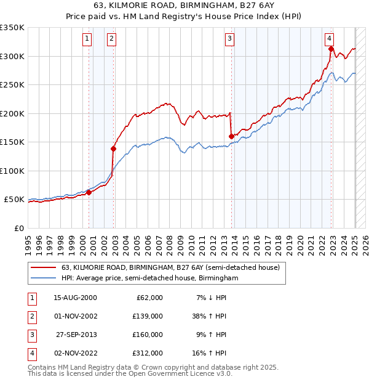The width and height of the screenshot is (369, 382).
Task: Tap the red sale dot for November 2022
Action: [x=331, y=49]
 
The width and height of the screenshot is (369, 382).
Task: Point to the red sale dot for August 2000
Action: [x=89, y=192]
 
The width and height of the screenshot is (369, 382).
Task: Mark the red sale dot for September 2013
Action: [x=231, y=136]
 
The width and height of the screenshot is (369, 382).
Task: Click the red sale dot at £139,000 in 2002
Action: [x=113, y=148]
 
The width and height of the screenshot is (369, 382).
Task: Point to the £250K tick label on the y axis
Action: [x=12, y=85]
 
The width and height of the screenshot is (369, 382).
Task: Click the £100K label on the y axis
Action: [x=12, y=171]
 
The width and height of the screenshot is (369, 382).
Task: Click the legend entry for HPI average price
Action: [x=149, y=278]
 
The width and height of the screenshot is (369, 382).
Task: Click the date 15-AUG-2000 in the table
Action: [x=76, y=298]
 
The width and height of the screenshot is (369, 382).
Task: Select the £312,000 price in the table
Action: [x=148, y=353]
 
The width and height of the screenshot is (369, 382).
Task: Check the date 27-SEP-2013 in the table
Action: [x=76, y=335]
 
